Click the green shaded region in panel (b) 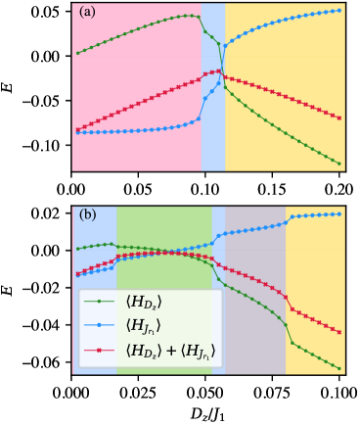click(163, 230)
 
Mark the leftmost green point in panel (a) click(77, 53)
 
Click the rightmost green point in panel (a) click(339, 163)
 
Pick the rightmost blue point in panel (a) click(339, 11)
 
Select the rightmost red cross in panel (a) click(339, 118)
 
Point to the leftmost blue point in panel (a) click(77, 132)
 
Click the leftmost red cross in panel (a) click(77, 129)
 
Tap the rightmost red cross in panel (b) click(339, 332)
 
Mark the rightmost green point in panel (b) click(339, 369)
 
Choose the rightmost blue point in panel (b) click(339, 213)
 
